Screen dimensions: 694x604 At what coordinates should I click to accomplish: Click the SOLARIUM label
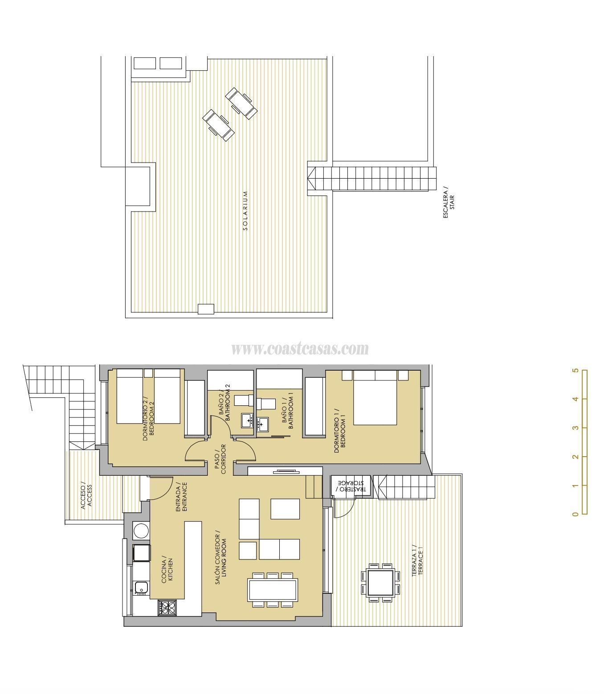245,211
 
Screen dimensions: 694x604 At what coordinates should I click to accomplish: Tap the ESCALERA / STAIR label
449,203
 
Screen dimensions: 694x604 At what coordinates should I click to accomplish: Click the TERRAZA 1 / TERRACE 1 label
416,560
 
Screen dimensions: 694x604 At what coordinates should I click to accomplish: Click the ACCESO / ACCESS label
86,496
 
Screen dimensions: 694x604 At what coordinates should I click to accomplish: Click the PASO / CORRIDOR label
220,459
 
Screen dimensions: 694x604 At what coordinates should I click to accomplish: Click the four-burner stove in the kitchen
167,608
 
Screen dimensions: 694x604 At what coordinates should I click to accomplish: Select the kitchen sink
141,588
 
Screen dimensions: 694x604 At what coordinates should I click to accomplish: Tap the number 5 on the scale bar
575,371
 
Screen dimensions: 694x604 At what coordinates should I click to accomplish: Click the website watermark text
300,348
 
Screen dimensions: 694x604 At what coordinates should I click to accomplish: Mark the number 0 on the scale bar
575,514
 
